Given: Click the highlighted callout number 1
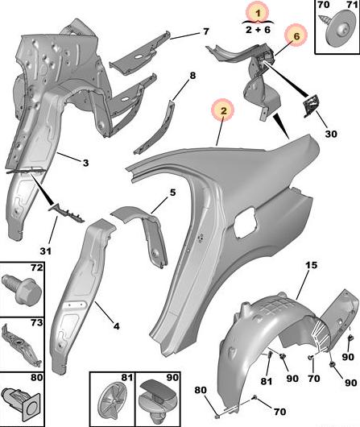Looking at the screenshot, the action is pos(258,13).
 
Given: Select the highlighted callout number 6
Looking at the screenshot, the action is pos(296,36).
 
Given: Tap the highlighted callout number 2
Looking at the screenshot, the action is pos(223,110).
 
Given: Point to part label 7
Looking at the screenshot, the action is pos(206,31).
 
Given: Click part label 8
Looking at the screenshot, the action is pos(192,76).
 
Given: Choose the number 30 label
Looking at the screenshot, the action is pos(330,134).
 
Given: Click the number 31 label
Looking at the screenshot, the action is pos(45,251).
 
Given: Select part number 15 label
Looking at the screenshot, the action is pos(312,265).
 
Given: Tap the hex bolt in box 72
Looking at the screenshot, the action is pos(21,290).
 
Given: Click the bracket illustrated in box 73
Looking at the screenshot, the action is pos(21,345).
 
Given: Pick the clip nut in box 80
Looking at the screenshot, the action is pos(21,404).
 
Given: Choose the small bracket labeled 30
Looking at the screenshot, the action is pos(310,106).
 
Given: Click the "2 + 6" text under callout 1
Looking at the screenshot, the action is pos(258,30).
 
